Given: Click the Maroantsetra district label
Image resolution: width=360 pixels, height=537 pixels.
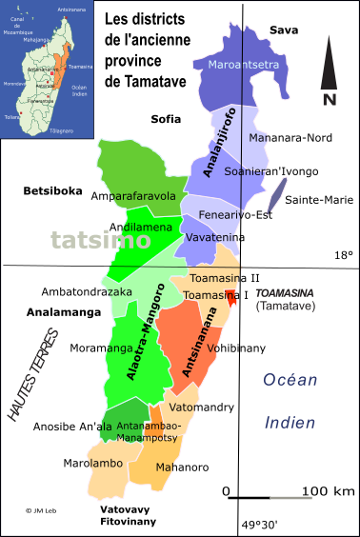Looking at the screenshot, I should [x=236, y=65].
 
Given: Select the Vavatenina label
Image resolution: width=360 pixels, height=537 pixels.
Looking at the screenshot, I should [x=211, y=236].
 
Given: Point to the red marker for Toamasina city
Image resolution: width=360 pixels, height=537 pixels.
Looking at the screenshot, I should [x=230, y=296].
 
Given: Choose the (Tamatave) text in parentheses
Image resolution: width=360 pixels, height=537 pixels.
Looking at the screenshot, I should [x=285, y=306].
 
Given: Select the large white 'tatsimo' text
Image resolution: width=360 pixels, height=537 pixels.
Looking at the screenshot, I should [x=100, y=240].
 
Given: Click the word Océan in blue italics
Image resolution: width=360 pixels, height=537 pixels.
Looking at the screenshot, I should [x=290, y=380].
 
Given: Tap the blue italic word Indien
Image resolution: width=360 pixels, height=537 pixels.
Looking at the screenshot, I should [x=290, y=423].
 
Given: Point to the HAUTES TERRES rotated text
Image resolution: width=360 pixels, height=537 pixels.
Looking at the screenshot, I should [x=33, y=374].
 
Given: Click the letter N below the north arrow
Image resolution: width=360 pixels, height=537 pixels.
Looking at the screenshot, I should [x=329, y=98].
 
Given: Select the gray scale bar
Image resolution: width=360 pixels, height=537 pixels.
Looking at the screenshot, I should [x=290, y=497].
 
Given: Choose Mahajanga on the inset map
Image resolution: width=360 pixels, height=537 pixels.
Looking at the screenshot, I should [x=37, y=40].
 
